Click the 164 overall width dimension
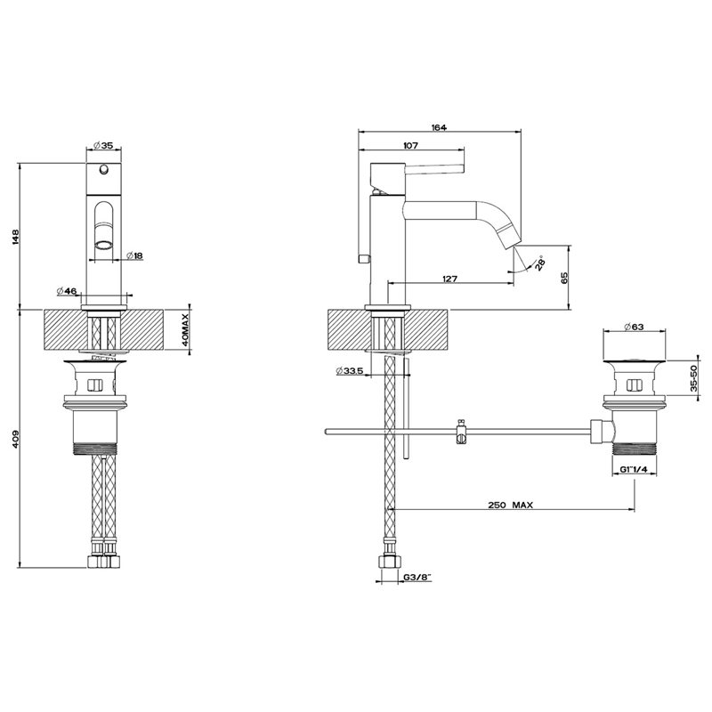439,127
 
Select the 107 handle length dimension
410,146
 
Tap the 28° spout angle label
539,263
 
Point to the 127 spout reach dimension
449,279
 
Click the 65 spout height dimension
564,278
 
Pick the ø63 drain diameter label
634,327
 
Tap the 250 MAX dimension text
511,505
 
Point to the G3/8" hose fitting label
417,578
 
